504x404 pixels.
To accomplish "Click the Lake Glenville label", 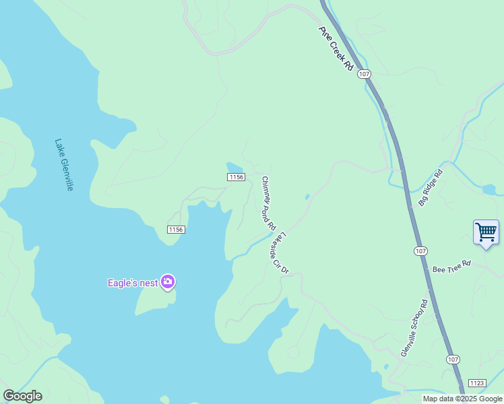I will tap(64, 165).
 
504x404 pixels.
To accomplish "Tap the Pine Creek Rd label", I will tap(336, 48).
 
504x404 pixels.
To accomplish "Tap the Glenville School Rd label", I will tap(414, 328).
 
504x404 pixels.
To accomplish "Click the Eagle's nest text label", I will tap(133, 283).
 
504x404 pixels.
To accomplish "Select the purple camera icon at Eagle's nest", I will tap(168, 282).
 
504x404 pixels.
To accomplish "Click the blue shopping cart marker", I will tap(486, 232).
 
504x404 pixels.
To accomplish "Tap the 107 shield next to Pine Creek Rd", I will tap(364, 73).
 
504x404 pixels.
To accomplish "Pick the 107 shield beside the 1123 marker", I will tap(452, 360).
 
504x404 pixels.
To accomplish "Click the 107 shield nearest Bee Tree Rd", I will tap(420, 250).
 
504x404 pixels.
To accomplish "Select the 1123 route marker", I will tap(476, 382).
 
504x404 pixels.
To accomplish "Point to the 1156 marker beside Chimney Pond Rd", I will tap(235, 177).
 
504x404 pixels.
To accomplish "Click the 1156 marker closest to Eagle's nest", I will tap(176, 230).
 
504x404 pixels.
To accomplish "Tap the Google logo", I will tap(22, 395).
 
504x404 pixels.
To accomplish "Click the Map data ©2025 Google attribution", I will tap(462, 399).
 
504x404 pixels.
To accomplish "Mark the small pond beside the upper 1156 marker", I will tap(234, 166).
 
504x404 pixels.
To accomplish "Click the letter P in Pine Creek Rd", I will tap(322, 30).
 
